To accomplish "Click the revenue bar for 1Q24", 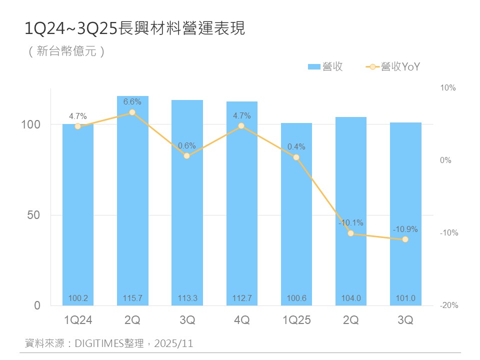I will pyautogui.click(x=78, y=215).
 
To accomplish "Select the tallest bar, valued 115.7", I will pyautogui.click(x=132, y=200).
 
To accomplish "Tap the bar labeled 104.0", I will pyautogui.click(x=351, y=210).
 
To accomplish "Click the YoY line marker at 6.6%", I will pyautogui.click(x=132, y=112).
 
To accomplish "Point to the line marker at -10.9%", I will pyautogui.click(x=405, y=239).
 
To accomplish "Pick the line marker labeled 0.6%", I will pyautogui.click(x=187, y=156).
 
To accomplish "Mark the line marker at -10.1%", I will pyautogui.click(x=351, y=233).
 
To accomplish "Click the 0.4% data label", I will pyautogui.click(x=296, y=147).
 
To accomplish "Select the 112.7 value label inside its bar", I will pyautogui.click(x=241, y=298).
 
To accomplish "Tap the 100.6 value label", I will pyautogui.click(x=296, y=298).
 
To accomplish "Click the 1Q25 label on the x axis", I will pyautogui.click(x=296, y=320).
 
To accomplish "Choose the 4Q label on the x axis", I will pyautogui.click(x=241, y=320).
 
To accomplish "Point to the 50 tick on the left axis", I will pyautogui.click(x=34, y=215).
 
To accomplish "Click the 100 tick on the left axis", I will pyautogui.click(x=30, y=124).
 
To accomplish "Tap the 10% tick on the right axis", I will pyautogui.click(x=448, y=88).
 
